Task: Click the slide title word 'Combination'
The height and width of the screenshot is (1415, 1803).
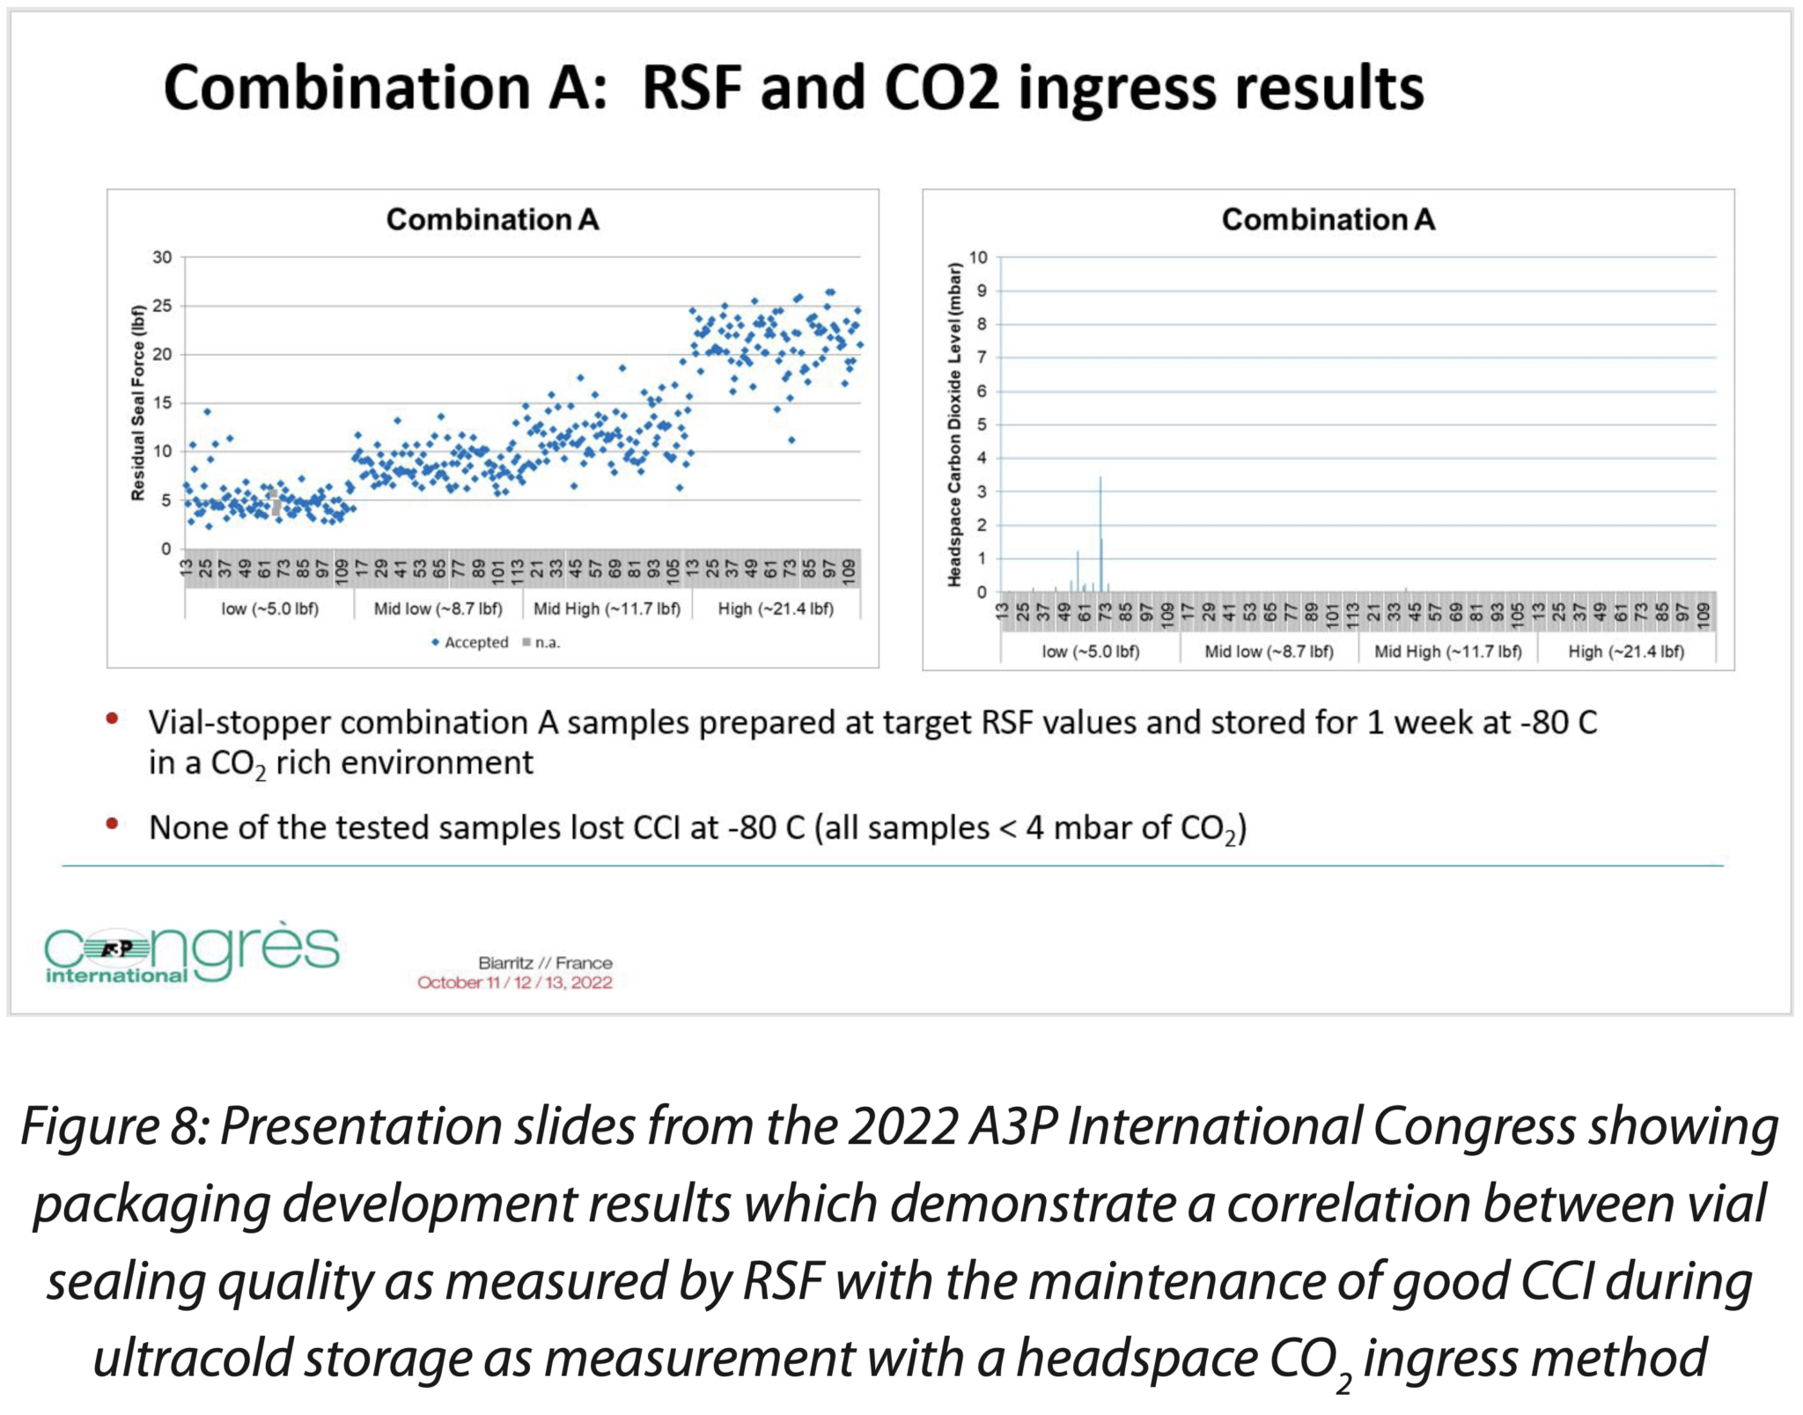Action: (347, 88)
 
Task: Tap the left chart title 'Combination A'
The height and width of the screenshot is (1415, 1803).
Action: (492, 219)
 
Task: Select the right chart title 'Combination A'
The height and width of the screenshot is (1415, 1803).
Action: (1328, 219)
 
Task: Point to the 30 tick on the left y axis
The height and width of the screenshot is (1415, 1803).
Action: (162, 257)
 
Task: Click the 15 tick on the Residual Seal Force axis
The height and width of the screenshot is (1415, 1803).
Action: (162, 402)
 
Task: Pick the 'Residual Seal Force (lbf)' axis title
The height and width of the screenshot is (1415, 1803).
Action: (137, 402)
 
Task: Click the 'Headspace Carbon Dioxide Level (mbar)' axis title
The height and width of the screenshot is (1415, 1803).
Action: (954, 424)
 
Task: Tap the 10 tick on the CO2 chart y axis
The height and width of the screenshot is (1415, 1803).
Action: (978, 257)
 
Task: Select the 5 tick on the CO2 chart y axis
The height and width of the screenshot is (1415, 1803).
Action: (982, 424)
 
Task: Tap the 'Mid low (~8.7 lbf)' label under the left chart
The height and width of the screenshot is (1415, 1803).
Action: (438, 608)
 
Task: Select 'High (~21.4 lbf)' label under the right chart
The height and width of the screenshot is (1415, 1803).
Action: (1626, 652)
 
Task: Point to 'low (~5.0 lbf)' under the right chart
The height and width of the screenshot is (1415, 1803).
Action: (1090, 652)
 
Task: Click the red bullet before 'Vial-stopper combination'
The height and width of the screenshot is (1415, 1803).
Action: (112, 719)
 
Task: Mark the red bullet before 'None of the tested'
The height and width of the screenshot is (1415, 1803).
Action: (112, 824)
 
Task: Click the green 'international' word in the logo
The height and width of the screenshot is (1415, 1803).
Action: (116, 976)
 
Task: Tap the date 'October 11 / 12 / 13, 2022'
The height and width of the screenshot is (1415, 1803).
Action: (514, 983)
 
